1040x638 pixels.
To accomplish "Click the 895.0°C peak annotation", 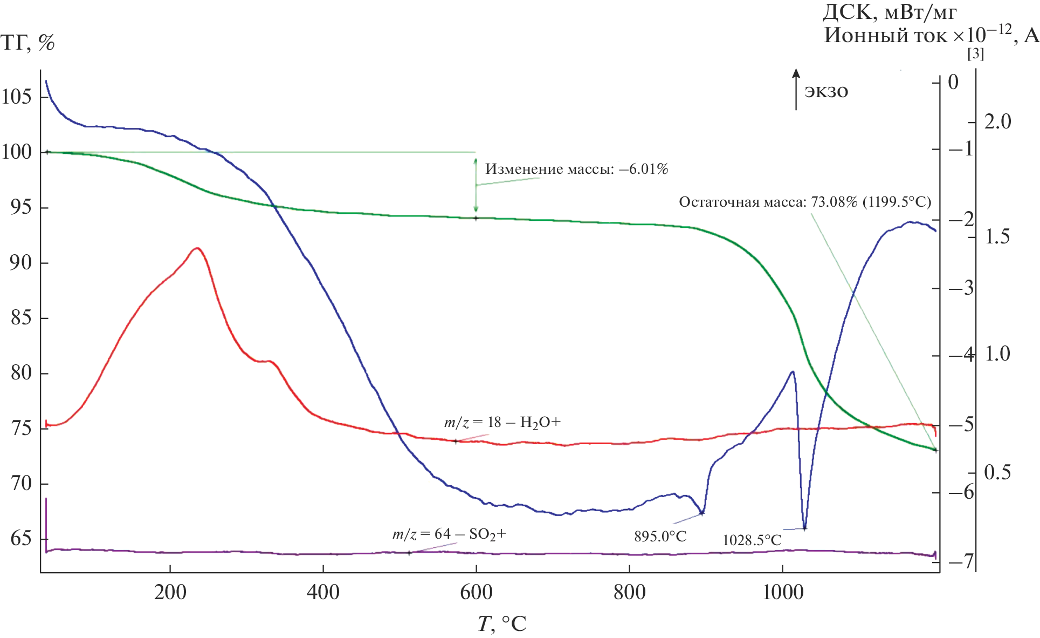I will click(x=660, y=536).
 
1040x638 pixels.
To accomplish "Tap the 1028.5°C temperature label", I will click(x=752, y=540).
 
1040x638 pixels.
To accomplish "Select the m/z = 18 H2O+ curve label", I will click(x=502, y=422).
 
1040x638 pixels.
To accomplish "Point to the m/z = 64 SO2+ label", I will click(x=449, y=534).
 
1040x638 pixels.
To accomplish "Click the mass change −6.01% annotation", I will click(x=576, y=169).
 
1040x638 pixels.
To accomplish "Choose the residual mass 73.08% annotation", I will click(x=804, y=202).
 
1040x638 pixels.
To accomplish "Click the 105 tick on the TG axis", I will click(x=17, y=97).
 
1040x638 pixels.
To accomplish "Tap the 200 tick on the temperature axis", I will click(x=170, y=592).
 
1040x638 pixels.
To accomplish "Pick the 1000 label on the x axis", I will click(x=783, y=592).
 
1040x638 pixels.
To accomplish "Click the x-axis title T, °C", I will click(x=501, y=623).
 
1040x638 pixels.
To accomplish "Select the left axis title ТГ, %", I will click(x=27, y=42).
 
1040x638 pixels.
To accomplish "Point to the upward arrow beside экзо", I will click(x=796, y=90).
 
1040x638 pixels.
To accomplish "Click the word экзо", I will click(x=826, y=91).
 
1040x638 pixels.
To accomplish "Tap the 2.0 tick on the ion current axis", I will click(x=997, y=122).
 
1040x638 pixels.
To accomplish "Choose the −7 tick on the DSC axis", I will click(x=961, y=561).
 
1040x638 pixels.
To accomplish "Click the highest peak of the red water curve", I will click(x=197, y=248).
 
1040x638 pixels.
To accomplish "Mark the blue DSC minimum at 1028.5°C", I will click(x=804, y=528).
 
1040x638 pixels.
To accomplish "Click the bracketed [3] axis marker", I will click(x=975, y=54).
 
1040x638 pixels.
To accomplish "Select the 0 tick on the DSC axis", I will click(x=953, y=82).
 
